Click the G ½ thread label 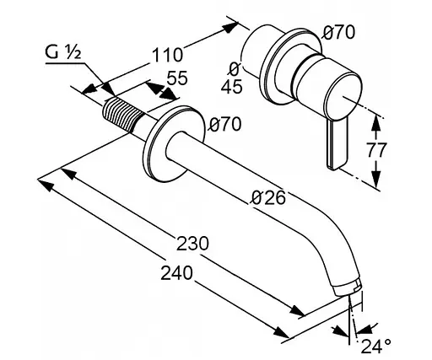(63, 52)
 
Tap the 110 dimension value (167, 55)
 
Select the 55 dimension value (177, 78)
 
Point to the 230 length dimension (192, 244)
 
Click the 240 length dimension (177, 272)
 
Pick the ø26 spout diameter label (268, 197)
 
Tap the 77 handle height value (376, 150)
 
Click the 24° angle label (375, 346)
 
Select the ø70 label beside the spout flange (225, 124)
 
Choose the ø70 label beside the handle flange (338, 32)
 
